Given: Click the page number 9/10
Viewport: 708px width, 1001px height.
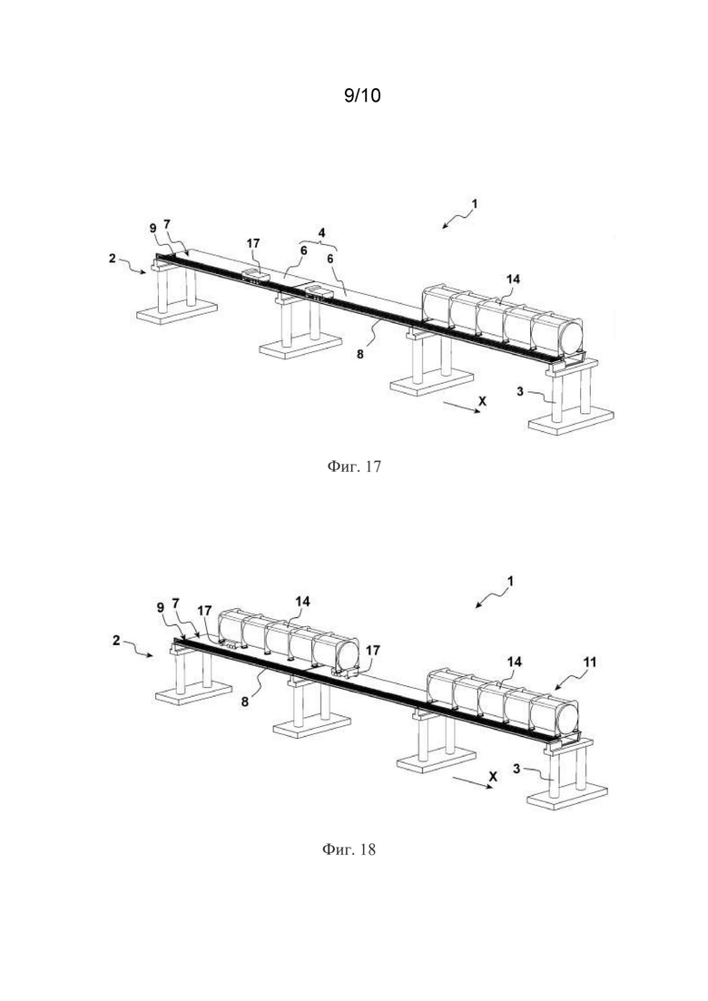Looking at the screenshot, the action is pos(362,96).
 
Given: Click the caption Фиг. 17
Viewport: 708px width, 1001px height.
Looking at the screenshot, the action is pos(354,466).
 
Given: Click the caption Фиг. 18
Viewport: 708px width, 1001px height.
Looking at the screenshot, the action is pos(349,849).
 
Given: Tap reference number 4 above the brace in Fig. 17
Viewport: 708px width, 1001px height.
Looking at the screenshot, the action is pos(321,233).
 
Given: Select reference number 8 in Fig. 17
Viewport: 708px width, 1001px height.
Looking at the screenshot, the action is pos(360,354).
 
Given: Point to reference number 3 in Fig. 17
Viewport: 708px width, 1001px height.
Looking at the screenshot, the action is pos(520,391).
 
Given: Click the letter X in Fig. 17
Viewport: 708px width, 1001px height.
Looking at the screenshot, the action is pos(483,401).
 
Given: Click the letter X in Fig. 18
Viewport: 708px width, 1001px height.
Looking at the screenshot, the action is pos(493,776).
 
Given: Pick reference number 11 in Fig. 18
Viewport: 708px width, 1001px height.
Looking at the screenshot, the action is pos(590,662).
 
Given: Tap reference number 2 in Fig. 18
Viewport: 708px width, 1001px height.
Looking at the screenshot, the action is pos(116,640).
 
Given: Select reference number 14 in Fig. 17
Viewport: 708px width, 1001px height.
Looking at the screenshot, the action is pos(513,279).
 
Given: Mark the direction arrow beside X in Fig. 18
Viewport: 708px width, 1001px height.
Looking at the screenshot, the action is pos(471,783).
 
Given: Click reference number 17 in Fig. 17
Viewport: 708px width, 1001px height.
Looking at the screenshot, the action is pos(253,243).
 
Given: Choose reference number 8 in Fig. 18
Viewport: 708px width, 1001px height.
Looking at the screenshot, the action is pos(244,701).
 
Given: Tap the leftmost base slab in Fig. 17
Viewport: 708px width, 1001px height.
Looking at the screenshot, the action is pos(177,314).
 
